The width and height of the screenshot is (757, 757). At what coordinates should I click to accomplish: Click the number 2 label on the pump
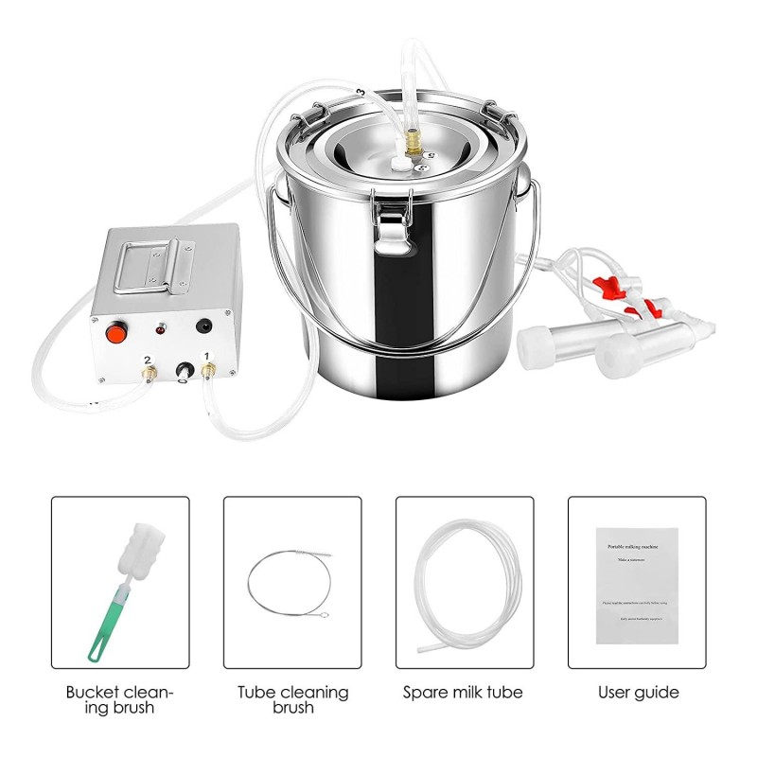(x=147, y=361)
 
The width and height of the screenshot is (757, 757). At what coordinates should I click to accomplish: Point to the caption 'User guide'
(x=638, y=693)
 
